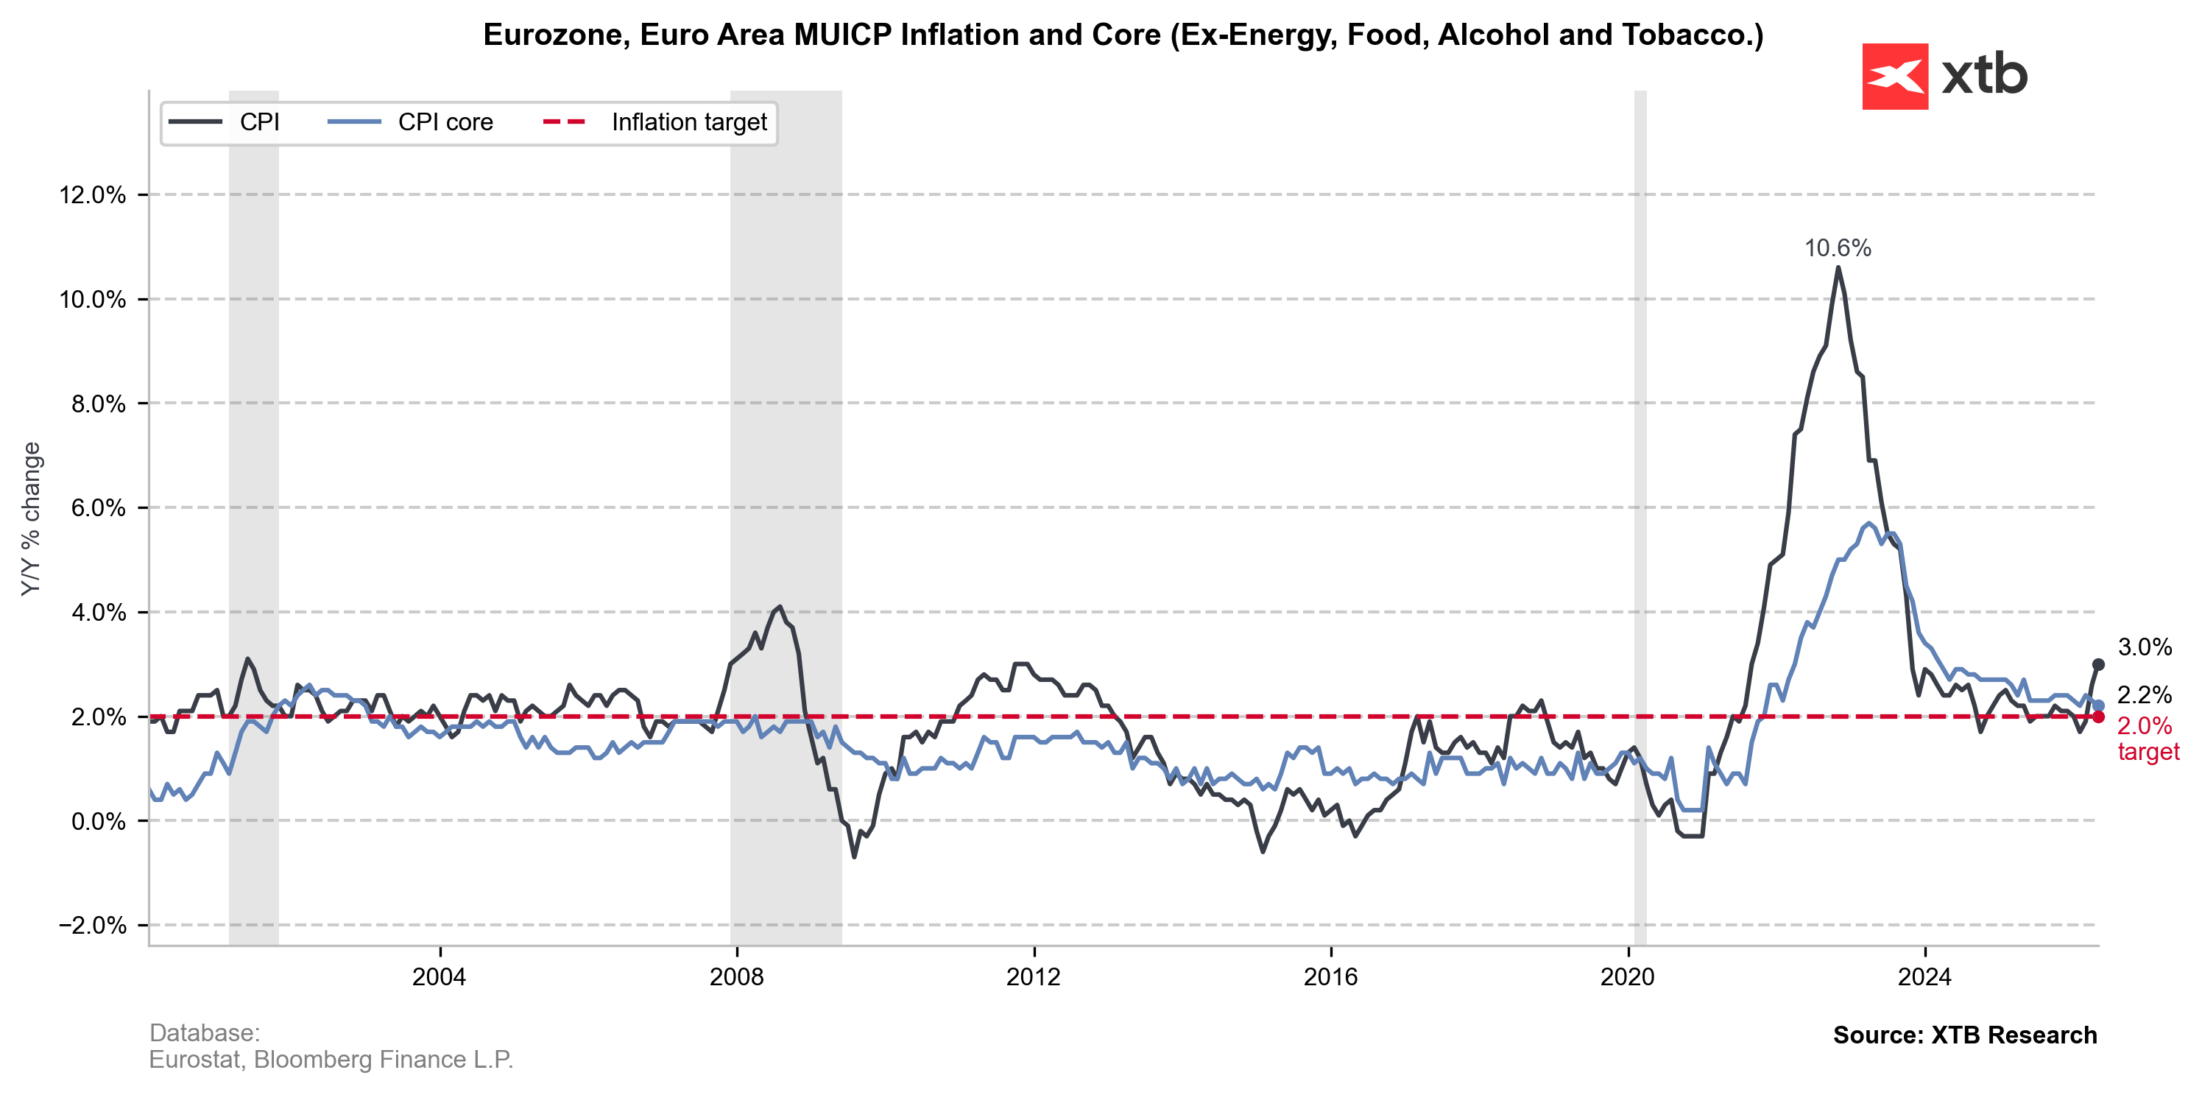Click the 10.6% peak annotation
[1837, 249]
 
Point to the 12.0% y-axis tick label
[92, 195]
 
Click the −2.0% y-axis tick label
[92, 925]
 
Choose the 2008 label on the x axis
[736, 977]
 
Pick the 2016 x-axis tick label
[1330, 977]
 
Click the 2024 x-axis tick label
[1924, 977]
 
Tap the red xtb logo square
[1895, 76]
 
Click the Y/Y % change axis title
[32, 519]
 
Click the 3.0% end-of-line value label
[2145, 647]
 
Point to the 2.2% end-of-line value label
[2145, 695]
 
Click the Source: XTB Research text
[1964, 1035]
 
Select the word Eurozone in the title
[557, 35]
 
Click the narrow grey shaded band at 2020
[1640, 513]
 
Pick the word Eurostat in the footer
[196, 1060]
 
